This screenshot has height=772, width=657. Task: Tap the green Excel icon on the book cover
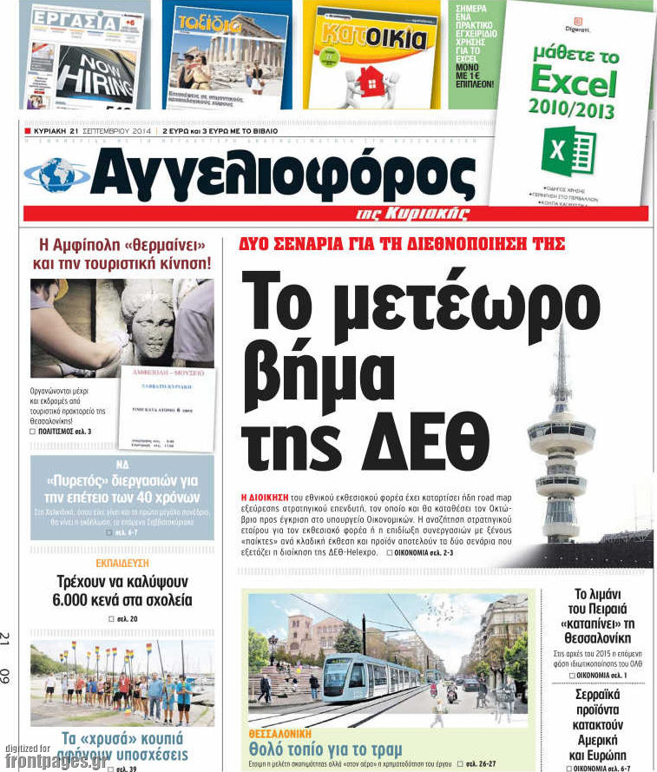click(568, 151)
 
